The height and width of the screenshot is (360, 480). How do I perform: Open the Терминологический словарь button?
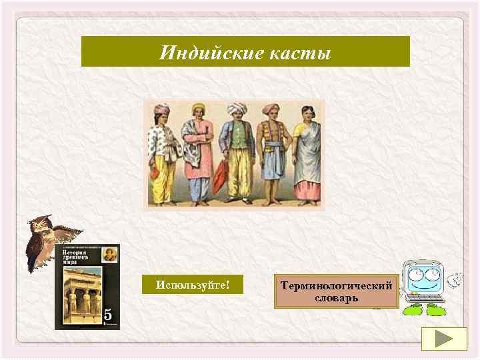(336, 291)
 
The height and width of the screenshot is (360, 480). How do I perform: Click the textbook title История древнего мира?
(75, 258)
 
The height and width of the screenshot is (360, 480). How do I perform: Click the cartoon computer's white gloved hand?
(455, 280)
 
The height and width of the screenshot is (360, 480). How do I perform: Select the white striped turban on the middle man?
(236, 109)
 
